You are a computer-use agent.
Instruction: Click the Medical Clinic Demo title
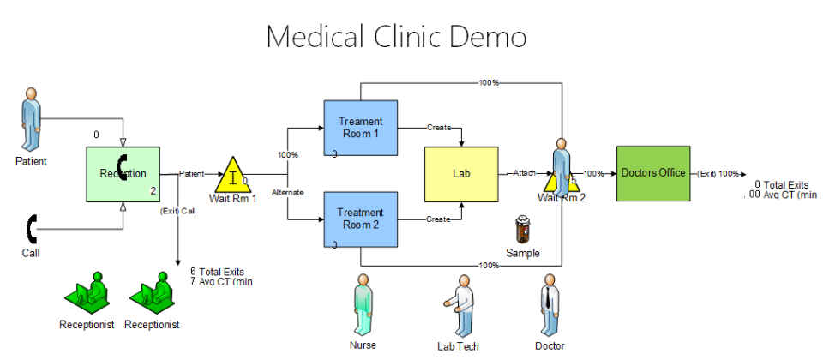[395, 38]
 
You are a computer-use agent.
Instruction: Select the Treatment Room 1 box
[360, 128]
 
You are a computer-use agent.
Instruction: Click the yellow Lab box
[460, 174]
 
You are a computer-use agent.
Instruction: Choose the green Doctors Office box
[652, 173]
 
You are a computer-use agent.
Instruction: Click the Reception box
[123, 174]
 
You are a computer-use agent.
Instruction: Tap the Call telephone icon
[33, 228]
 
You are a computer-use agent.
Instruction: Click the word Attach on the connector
[524, 173]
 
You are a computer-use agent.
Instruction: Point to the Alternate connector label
[288, 192]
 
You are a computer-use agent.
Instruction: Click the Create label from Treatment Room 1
[439, 128]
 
